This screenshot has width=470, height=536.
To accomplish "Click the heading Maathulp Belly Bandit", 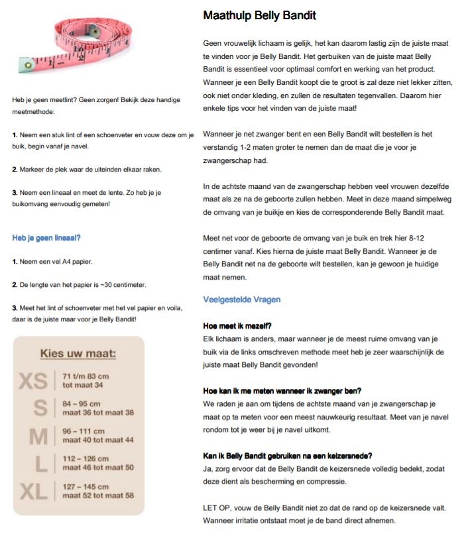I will pyautogui.click(x=259, y=15).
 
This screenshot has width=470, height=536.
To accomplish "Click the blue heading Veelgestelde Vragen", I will pyautogui.click(x=242, y=299).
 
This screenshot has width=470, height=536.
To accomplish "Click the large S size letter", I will pyautogui.click(x=40, y=408).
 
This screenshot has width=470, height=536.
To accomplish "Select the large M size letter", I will pyautogui.click(x=39, y=436).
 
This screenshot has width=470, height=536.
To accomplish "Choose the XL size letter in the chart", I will pyautogui.click(x=34, y=492).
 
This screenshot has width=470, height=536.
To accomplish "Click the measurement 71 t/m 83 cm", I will pyautogui.click(x=86, y=376).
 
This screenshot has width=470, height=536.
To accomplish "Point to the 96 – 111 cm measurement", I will pyautogui.click(x=87, y=431).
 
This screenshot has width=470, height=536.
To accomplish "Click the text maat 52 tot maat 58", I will pyautogui.click(x=98, y=496).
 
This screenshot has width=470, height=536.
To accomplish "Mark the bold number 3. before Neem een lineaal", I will pyautogui.click(x=15, y=192).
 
